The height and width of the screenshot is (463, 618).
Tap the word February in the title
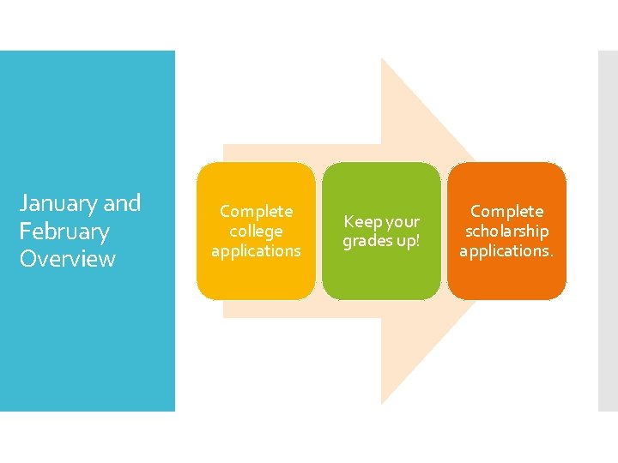[x=65, y=231]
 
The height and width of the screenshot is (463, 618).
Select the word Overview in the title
[x=67, y=259]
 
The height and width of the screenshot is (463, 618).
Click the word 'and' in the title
[x=122, y=203]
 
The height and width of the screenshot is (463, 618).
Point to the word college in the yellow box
[x=256, y=231]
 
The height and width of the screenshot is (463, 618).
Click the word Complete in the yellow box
[x=256, y=211]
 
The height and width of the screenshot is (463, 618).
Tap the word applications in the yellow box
[x=256, y=250]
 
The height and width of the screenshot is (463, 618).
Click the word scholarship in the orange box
[x=506, y=231]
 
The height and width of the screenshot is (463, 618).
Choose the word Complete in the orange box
[x=506, y=211]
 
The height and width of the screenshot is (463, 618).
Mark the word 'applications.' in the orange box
[x=506, y=250]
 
